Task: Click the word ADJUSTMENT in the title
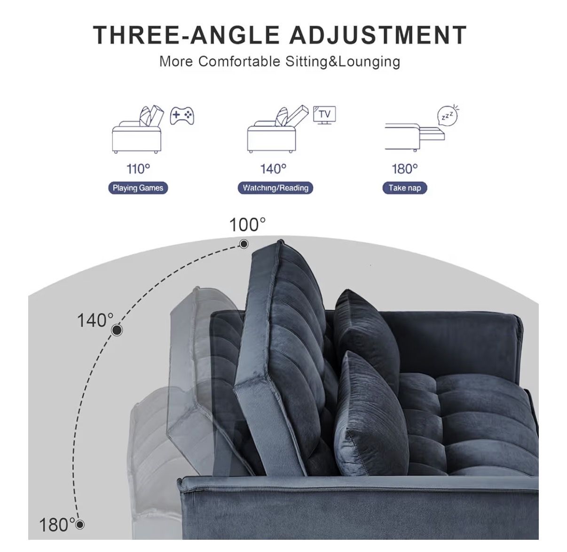pyautogui.click(x=378, y=35)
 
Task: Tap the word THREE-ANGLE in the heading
pyautogui.click(x=186, y=35)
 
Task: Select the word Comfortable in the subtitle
pyautogui.click(x=239, y=62)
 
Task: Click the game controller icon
pyautogui.click(x=182, y=116)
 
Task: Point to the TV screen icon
pyautogui.click(x=324, y=115)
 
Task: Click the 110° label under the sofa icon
pyautogui.click(x=138, y=169)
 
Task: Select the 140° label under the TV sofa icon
pyautogui.click(x=273, y=169)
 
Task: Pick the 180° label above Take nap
pyautogui.click(x=404, y=169)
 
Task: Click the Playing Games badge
pyautogui.click(x=138, y=188)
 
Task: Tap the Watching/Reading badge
pyautogui.click(x=276, y=188)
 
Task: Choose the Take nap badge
pyautogui.click(x=405, y=188)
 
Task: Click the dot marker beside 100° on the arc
pyautogui.click(x=244, y=244)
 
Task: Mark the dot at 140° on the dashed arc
pyautogui.click(x=117, y=330)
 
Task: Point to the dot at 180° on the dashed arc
pyautogui.click(x=80, y=525)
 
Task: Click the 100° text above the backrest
pyautogui.click(x=247, y=225)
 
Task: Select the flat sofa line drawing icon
pyautogui.click(x=415, y=137)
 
